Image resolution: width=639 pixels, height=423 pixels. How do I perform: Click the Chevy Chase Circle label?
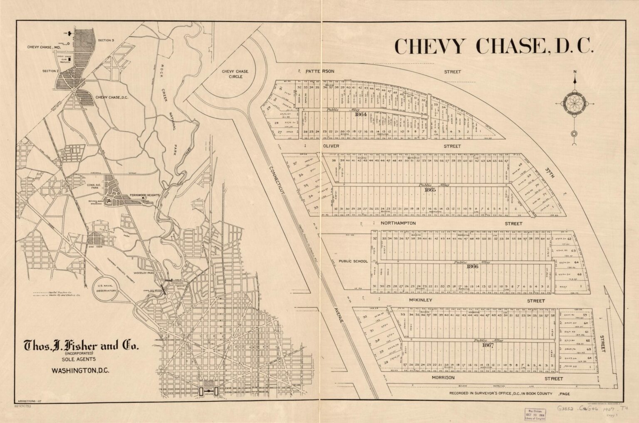(x=235, y=74)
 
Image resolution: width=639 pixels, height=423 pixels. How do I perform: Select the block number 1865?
(x=430, y=189)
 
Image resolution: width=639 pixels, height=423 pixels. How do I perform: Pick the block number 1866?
(x=473, y=266)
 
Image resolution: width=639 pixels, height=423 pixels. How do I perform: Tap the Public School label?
(x=353, y=261)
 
